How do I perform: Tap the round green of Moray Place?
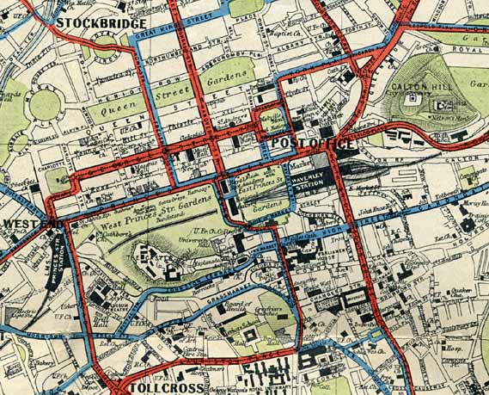tap(46, 105)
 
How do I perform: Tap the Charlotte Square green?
tap(58, 180)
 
